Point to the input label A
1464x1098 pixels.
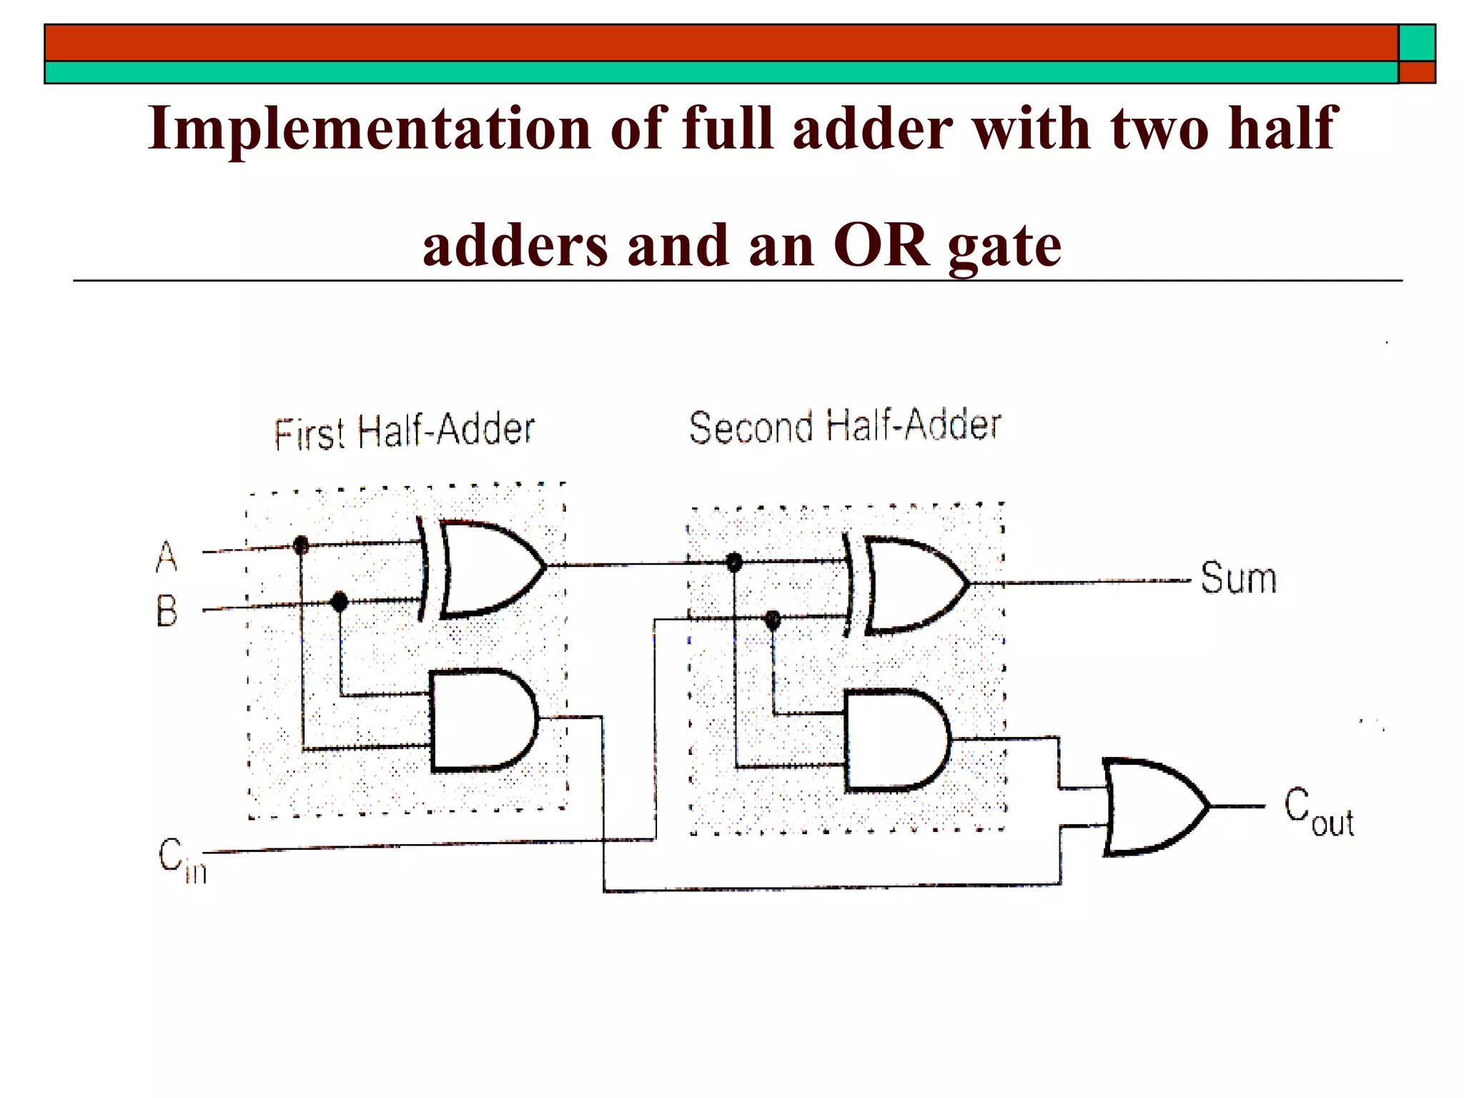click(167, 556)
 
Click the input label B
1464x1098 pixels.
click(167, 612)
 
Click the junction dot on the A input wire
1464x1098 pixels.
click(301, 546)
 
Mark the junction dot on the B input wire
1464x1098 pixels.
click(340, 601)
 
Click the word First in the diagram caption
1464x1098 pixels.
click(310, 433)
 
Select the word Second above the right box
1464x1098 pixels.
click(751, 427)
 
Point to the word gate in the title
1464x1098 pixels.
click(1004, 247)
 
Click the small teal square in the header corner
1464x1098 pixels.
click(1417, 43)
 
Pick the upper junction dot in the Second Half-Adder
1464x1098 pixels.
click(733, 563)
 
